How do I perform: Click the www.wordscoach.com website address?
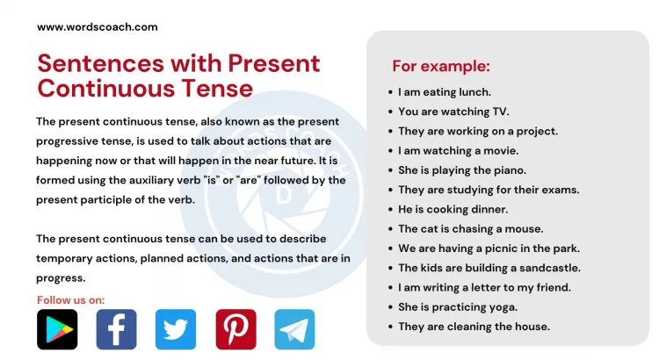click(x=98, y=26)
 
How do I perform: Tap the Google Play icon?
click(x=57, y=329)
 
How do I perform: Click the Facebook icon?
click(x=116, y=329)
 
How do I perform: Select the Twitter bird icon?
click(x=176, y=329)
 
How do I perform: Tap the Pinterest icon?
click(x=235, y=329)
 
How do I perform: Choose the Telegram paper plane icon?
click(x=294, y=329)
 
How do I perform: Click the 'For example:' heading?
click(x=440, y=66)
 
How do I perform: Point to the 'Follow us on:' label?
click(x=70, y=300)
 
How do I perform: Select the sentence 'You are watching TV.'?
click(x=453, y=112)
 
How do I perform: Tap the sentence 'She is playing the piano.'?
click(x=462, y=170)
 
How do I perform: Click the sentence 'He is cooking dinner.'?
click(x=453, y=209)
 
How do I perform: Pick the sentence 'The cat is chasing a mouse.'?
click(x=470, y=228)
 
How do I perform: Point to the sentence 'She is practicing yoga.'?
click(x=458, y=306)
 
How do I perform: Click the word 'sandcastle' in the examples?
click(x=550, y=268)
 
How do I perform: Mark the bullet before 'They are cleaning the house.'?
click(x=389, y=327)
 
